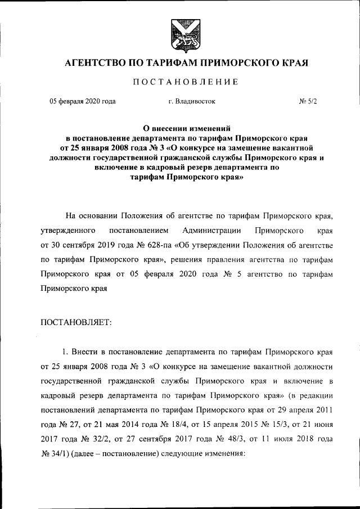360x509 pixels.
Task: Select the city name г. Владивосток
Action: click(191, 101)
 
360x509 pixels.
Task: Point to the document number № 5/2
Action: click(308, 101)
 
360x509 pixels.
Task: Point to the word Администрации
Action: click(211, 231)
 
